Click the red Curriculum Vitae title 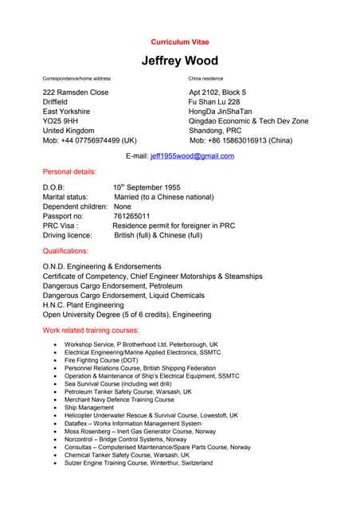pyautogui.click(x=179, y=41)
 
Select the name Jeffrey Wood pyautogui.click(x=179, y=61)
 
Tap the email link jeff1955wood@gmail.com pyautogui.click(x=192, y=156)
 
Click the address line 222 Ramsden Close pyautogui.click(x=76, y=92)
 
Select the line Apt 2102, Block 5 pyautogui.click(x=217, y=92)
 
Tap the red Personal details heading pyautogui.click(x=69, y=171)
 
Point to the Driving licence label pyautogui.click(x=68, y=235)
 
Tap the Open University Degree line pyautogui.click(x=127, y=315)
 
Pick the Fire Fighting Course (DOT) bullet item pyautogui.click(x=101, y=360)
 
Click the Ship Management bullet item pyautogui.click(x=89, y=407)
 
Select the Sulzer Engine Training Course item pyautogui.click(x=139, y=463)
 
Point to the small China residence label pyautogui.click(x=205, y=79)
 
